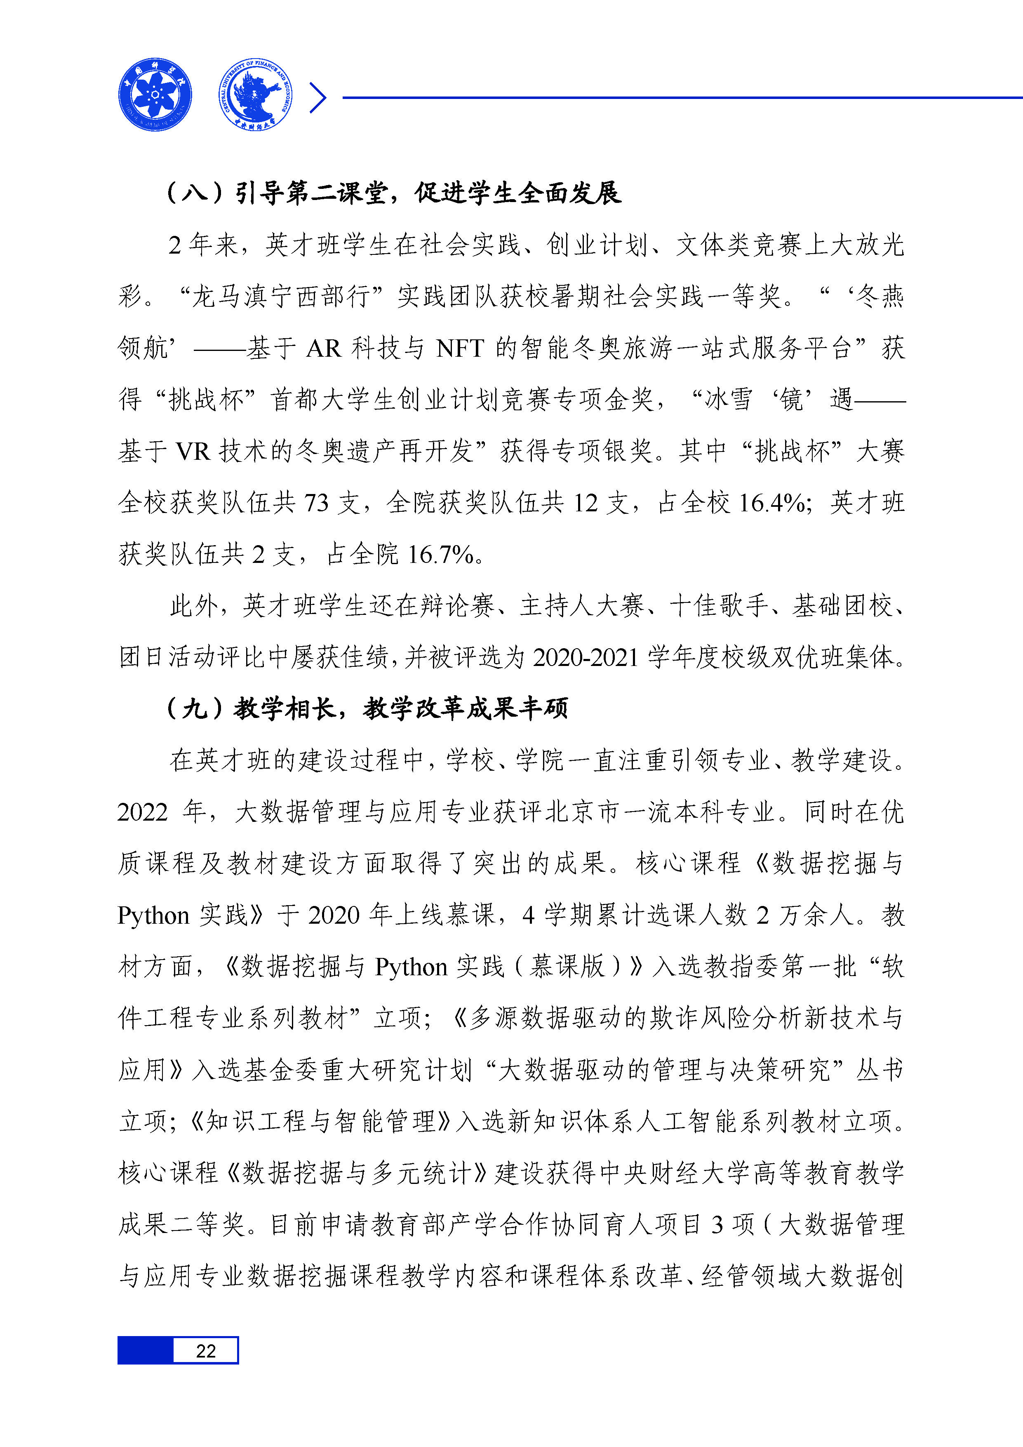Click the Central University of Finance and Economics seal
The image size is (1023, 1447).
[x=255, y=94]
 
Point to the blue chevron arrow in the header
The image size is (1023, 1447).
[x=318, y=98]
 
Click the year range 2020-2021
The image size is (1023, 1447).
[x=586, y=657]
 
